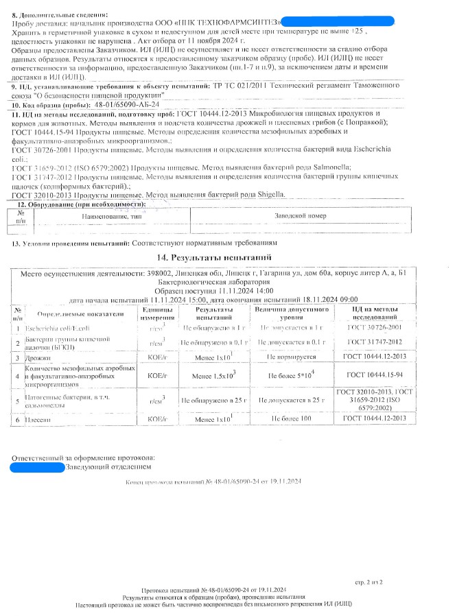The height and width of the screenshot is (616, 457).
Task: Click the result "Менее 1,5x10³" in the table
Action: (215, 375)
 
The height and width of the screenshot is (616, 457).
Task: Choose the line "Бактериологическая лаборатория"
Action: (226, 282)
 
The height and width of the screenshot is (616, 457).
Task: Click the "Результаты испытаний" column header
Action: (215, 313)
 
